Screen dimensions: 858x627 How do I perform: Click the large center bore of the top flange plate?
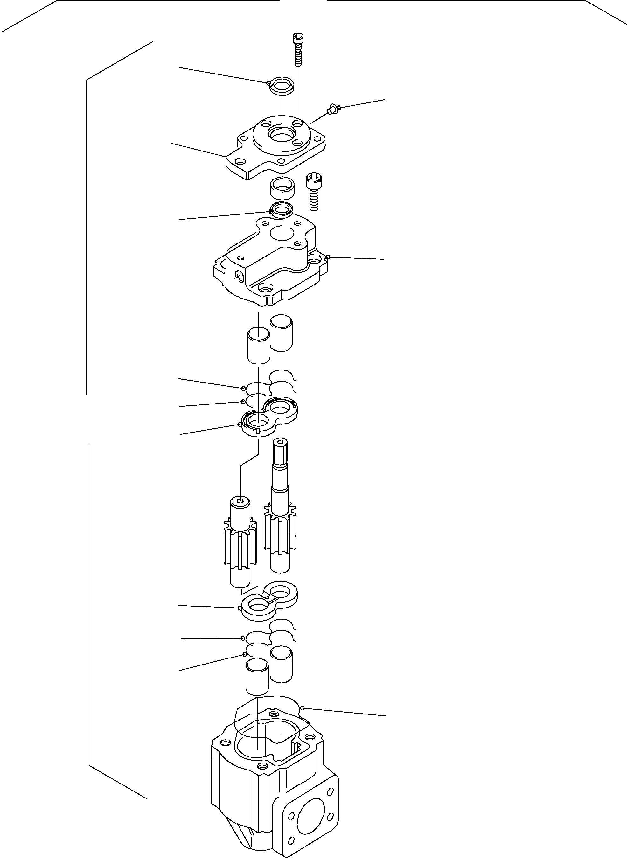click(281, 133)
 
